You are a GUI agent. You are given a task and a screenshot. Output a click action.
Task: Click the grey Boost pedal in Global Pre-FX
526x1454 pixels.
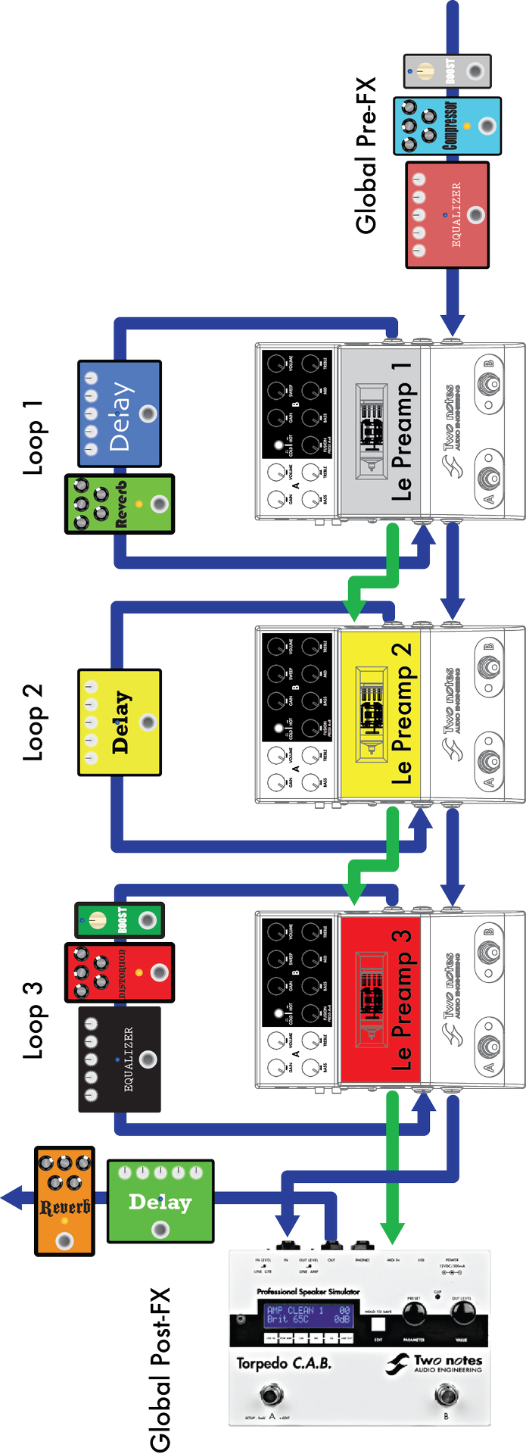point(447,71)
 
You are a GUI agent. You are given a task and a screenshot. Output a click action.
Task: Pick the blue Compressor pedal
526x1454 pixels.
point(447,126)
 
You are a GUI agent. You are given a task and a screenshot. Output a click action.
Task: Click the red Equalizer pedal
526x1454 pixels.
point(447,214)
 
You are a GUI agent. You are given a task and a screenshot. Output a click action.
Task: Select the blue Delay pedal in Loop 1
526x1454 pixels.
point(120,413)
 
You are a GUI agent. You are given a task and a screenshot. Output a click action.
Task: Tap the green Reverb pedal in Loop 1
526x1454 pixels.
point(120,504)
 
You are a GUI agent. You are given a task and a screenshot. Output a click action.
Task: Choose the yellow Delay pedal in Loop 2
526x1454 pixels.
point(120,722)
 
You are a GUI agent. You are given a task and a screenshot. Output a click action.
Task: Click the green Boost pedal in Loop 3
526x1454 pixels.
point(120,920)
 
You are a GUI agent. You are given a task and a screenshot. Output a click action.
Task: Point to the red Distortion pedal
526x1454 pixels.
point(120,972)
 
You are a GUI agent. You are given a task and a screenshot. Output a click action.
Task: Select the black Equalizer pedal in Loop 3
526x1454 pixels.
point(120,1059)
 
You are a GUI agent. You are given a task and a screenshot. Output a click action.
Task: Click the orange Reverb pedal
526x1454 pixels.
point(65,1201)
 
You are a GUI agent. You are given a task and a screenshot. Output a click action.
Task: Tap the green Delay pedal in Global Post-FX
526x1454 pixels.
point(160,1201)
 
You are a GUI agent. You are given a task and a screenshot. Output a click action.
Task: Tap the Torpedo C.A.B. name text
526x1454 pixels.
point(284,1363)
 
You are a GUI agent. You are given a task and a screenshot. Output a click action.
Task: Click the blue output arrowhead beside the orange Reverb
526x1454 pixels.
point(14,1197)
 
